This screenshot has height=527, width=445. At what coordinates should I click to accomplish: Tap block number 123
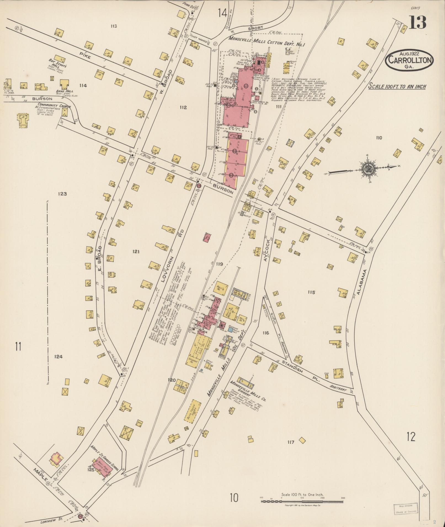[62, 194]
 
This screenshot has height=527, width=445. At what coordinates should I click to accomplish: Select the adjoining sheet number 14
[222, 13]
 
